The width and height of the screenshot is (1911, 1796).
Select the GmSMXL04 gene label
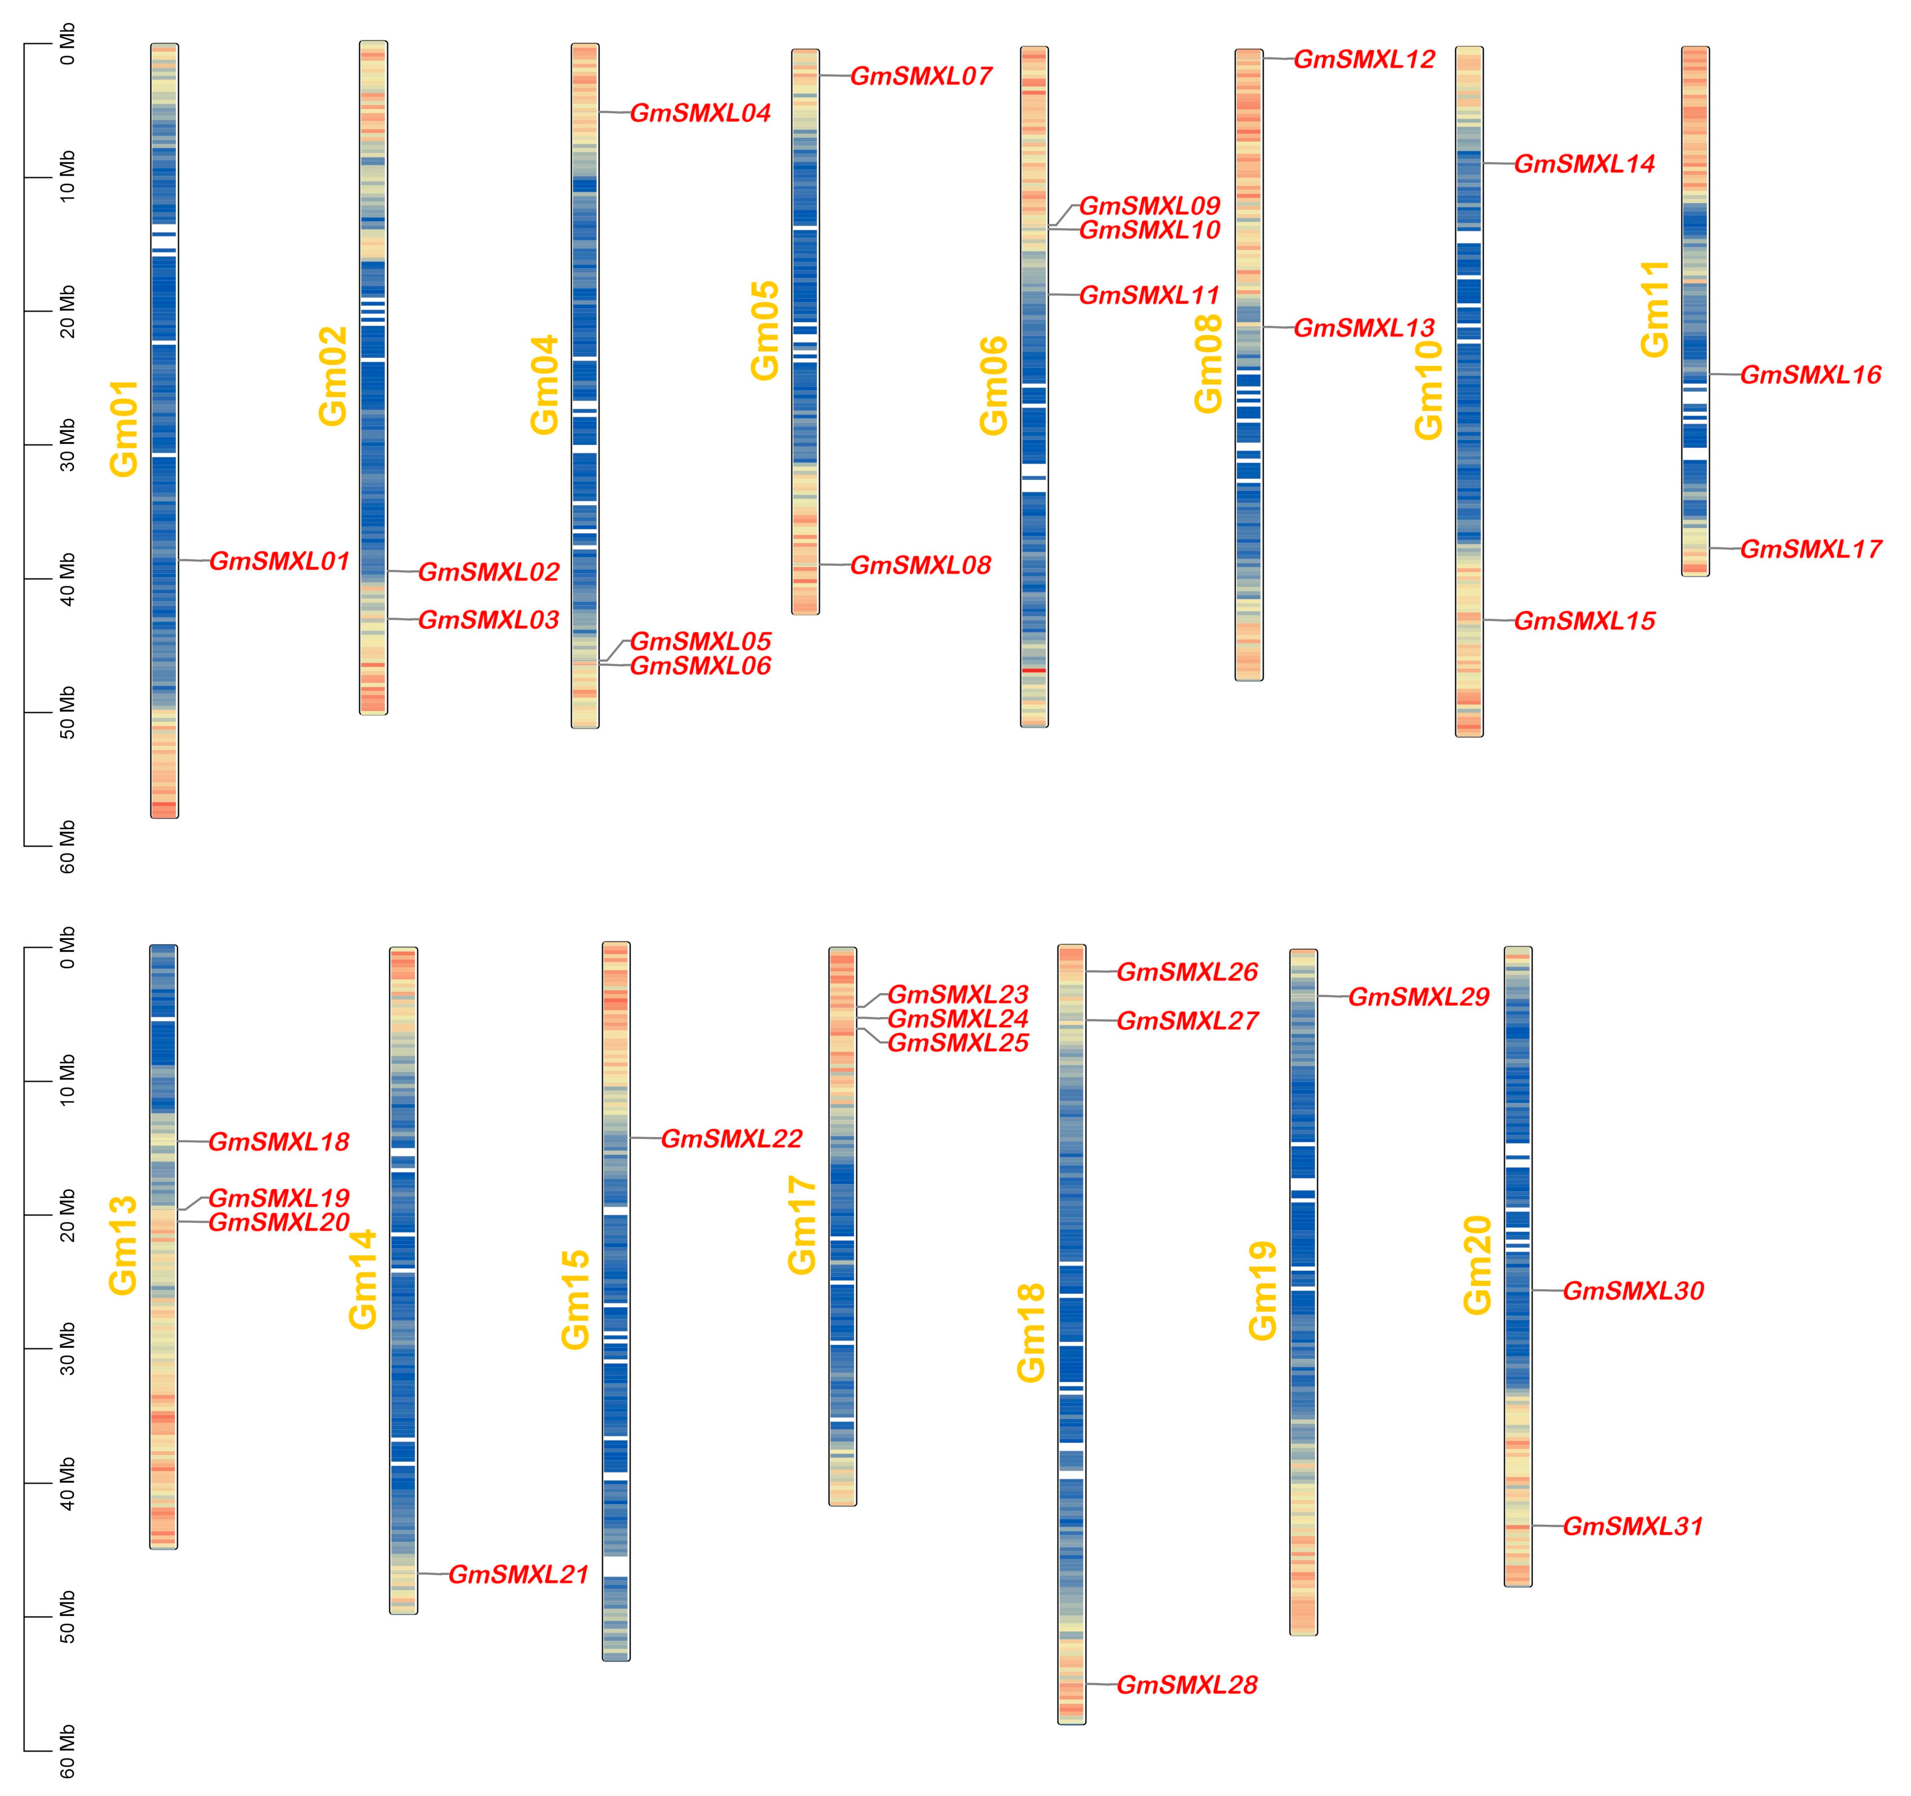pyautogui.click(x=700, y=114)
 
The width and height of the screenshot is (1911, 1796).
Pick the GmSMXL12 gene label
pyautogui.click(x=1364, y=60)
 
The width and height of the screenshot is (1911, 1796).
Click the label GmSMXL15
pyautogui.click(x=1584, y=621)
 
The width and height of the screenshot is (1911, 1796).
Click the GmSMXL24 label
pyautogui.click(x=957, y=1018)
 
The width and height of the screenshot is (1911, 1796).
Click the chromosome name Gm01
pyautogui.click(x=125, y=429)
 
